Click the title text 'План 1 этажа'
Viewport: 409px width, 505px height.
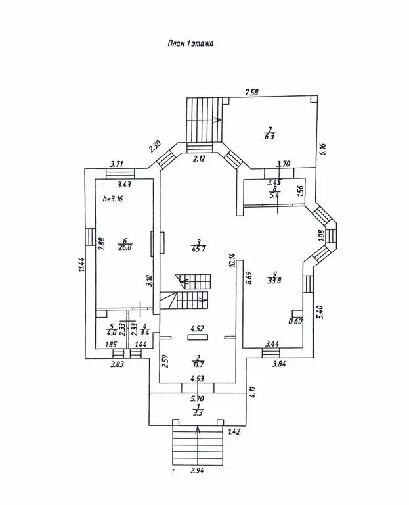pos(188,43)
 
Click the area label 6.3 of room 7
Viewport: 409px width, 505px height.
pos(269,137)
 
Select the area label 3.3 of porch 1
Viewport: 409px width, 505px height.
pos(198,412)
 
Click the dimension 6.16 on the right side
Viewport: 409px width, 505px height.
pos(324,149)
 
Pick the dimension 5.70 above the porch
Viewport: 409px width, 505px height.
pos(198,398)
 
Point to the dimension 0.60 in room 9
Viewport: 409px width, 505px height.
pos(295,322)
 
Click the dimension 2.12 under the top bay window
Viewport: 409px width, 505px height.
pos(198,158)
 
